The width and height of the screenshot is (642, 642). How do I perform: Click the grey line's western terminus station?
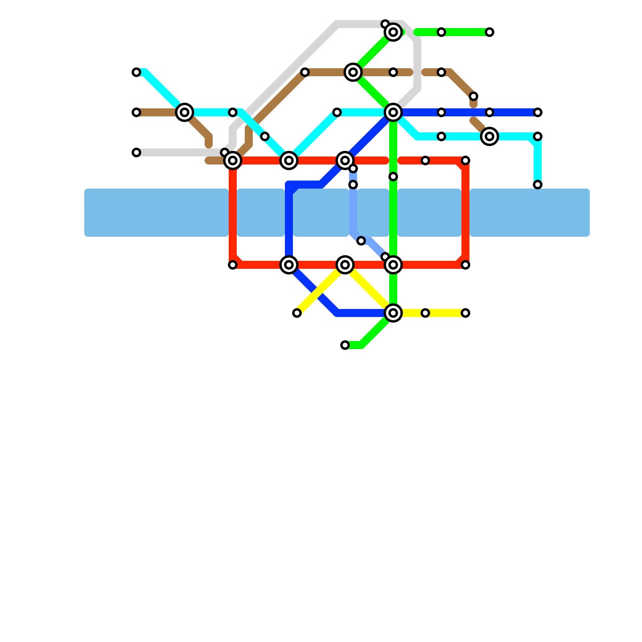(136, 152)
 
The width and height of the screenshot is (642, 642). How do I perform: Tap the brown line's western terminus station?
(136, 112)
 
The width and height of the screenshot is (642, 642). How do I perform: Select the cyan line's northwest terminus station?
(136, 72)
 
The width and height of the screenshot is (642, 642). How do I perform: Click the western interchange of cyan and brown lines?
(185, 112)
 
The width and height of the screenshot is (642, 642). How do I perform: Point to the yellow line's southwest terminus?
(297, 313)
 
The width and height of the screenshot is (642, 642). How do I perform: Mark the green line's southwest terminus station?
(345, 345)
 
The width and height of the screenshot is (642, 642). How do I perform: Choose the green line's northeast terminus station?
(490, 32)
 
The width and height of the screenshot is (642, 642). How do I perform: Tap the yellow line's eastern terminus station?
(465, 313)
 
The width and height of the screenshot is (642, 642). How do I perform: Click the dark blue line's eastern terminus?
(538, 112)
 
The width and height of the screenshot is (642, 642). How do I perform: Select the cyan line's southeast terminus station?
(538, 185)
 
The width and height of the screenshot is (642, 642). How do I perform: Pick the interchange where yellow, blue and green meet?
(393, 313)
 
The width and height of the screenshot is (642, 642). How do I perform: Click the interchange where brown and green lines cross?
(353, 72)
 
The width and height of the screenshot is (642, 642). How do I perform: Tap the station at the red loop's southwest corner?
(233, 265)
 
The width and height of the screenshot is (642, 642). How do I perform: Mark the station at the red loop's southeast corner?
(465, 265)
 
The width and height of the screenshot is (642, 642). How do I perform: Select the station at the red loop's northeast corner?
(465, 160)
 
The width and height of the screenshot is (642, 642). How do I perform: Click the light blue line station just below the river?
(361, 241)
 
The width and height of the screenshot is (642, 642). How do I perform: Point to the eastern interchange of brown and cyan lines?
(490, 136)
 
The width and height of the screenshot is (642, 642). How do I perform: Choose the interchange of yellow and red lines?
(345, 265)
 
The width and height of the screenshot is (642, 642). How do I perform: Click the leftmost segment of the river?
(156, 213)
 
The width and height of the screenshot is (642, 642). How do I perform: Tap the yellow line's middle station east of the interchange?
(425, 313)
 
